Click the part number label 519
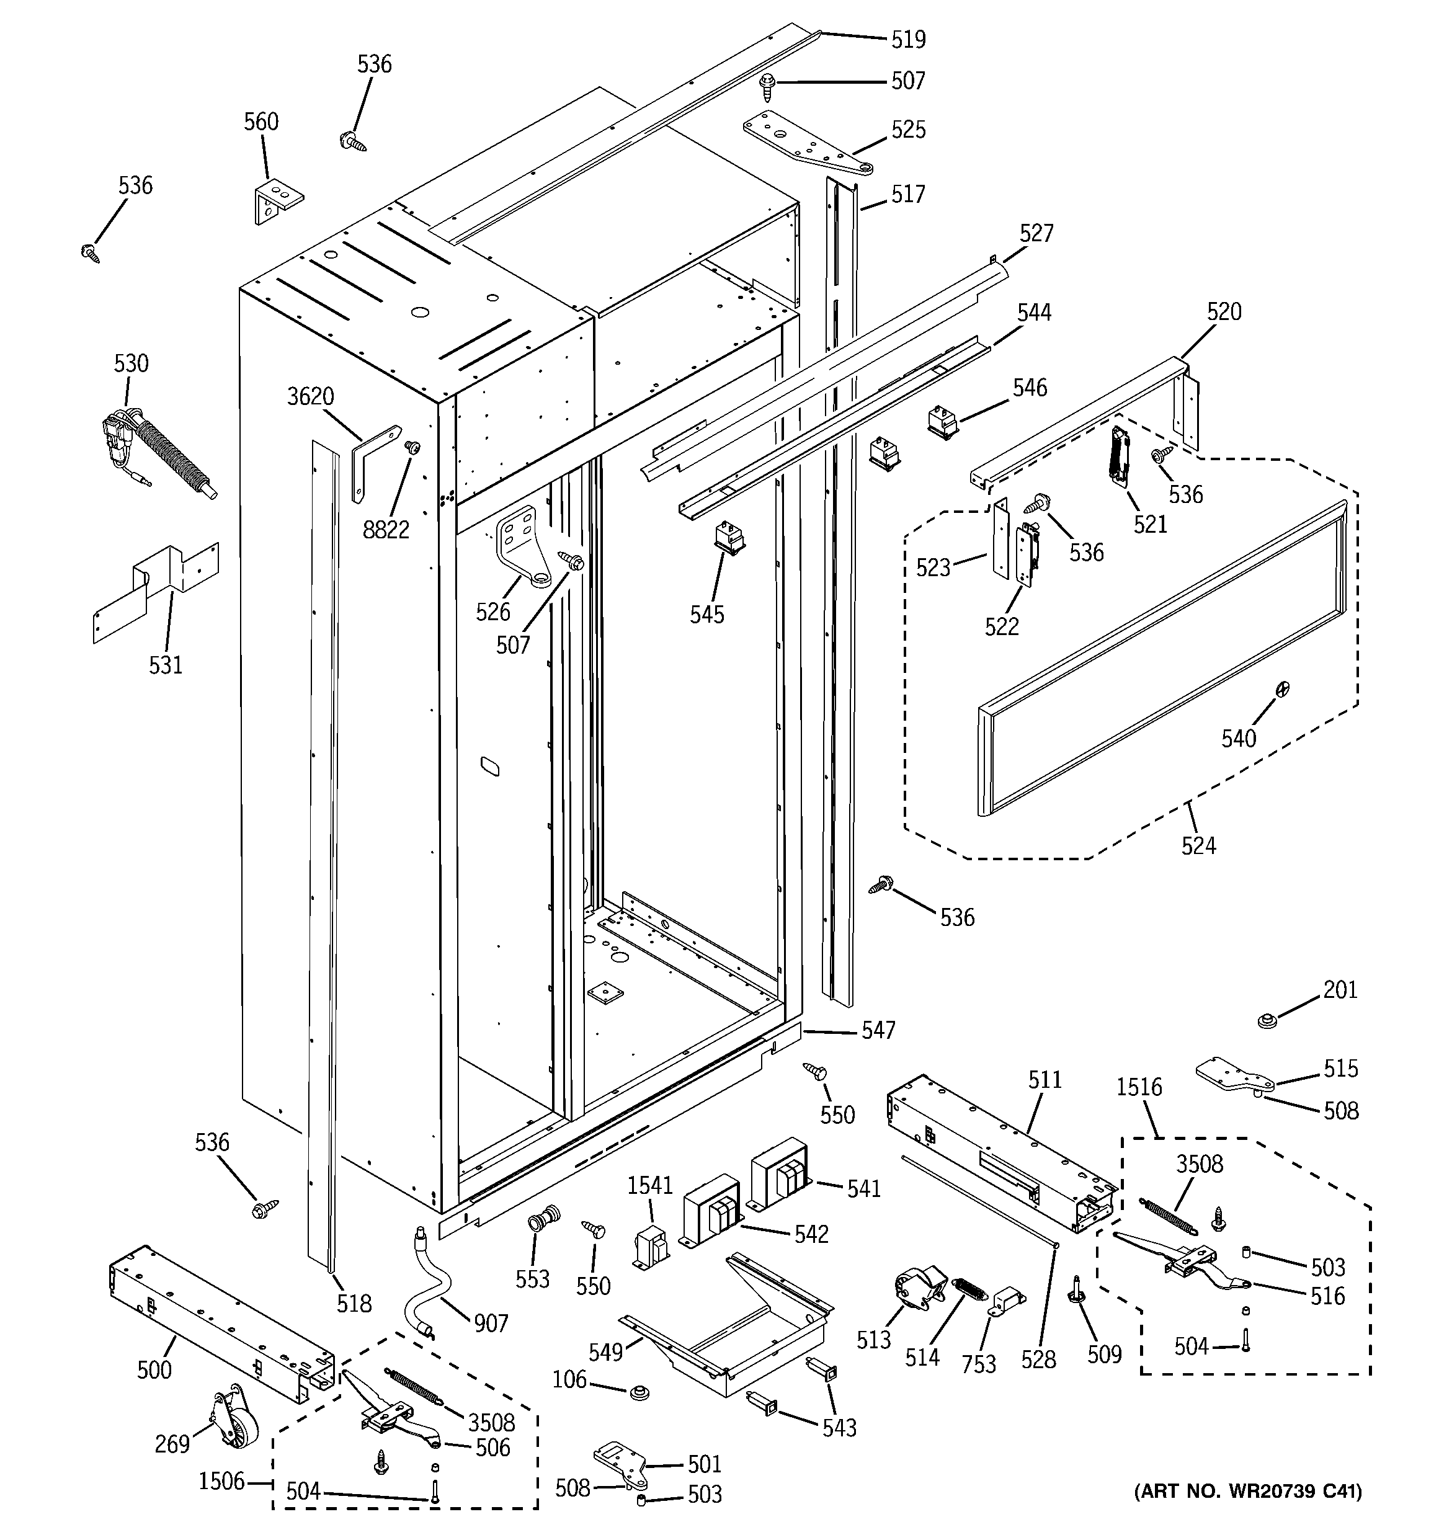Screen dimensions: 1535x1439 907,38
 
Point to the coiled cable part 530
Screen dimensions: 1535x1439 166,456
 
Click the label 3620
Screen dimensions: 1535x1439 311,397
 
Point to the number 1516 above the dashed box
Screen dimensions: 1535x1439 1139,1087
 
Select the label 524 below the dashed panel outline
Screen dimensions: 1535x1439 1198,846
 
